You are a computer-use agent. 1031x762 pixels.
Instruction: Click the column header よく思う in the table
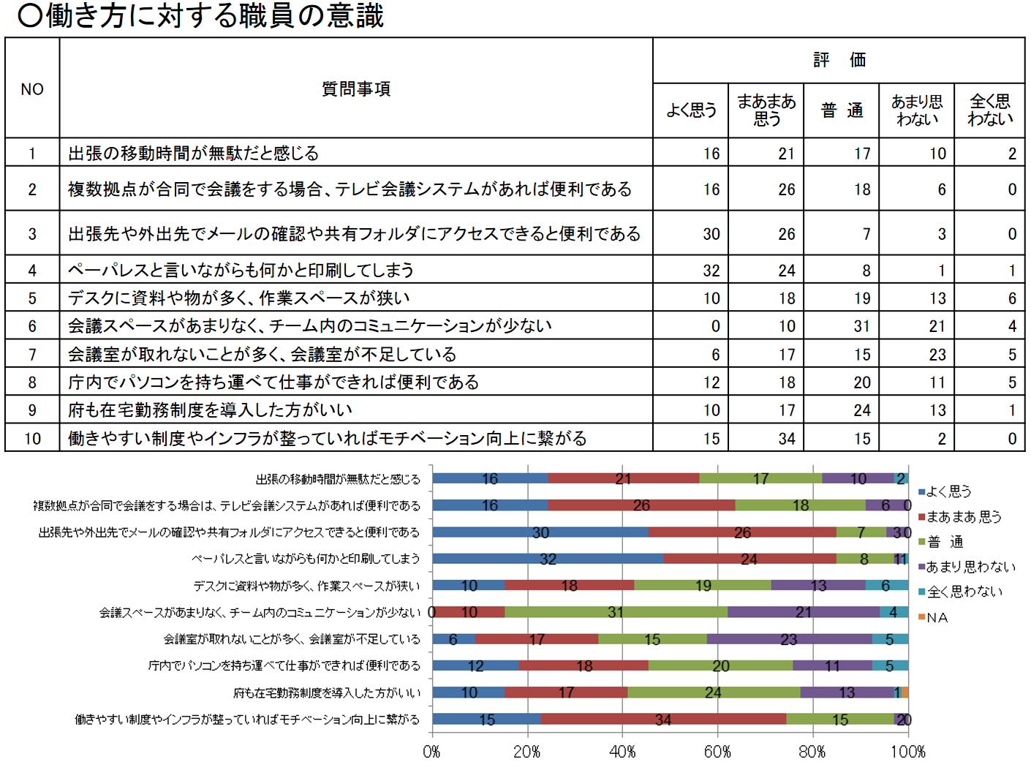691,110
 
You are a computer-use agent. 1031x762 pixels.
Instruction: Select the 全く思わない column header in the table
990,110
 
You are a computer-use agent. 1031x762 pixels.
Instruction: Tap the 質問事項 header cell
356,88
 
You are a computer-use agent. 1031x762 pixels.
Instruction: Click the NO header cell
32,88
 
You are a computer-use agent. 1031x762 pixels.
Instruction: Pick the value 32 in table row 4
711,271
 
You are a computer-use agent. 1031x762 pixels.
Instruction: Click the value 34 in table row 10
786,439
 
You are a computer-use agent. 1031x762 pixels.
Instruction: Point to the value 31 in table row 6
861,326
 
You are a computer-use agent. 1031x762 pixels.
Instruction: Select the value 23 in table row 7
937,355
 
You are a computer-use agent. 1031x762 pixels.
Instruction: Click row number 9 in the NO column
32,410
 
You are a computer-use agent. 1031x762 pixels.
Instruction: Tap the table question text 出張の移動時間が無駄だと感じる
194,154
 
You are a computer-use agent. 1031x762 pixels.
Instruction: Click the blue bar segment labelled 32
548,559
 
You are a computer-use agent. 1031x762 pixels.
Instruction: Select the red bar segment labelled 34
663,719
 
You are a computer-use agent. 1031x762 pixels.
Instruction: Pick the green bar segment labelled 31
616,612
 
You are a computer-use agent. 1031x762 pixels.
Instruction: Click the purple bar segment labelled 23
789,639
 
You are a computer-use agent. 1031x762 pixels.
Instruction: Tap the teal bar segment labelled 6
886,585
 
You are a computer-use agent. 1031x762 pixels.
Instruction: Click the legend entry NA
937,617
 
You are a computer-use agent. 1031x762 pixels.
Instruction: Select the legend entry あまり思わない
970,567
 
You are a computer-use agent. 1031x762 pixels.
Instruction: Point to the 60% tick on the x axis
717,751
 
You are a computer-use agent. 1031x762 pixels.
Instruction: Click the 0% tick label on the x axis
431,751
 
